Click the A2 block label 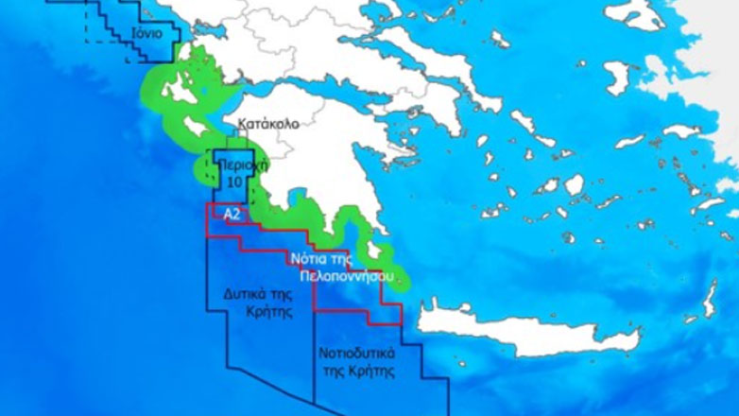[x=232, y=215]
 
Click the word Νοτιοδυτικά [x=356, y=354]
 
